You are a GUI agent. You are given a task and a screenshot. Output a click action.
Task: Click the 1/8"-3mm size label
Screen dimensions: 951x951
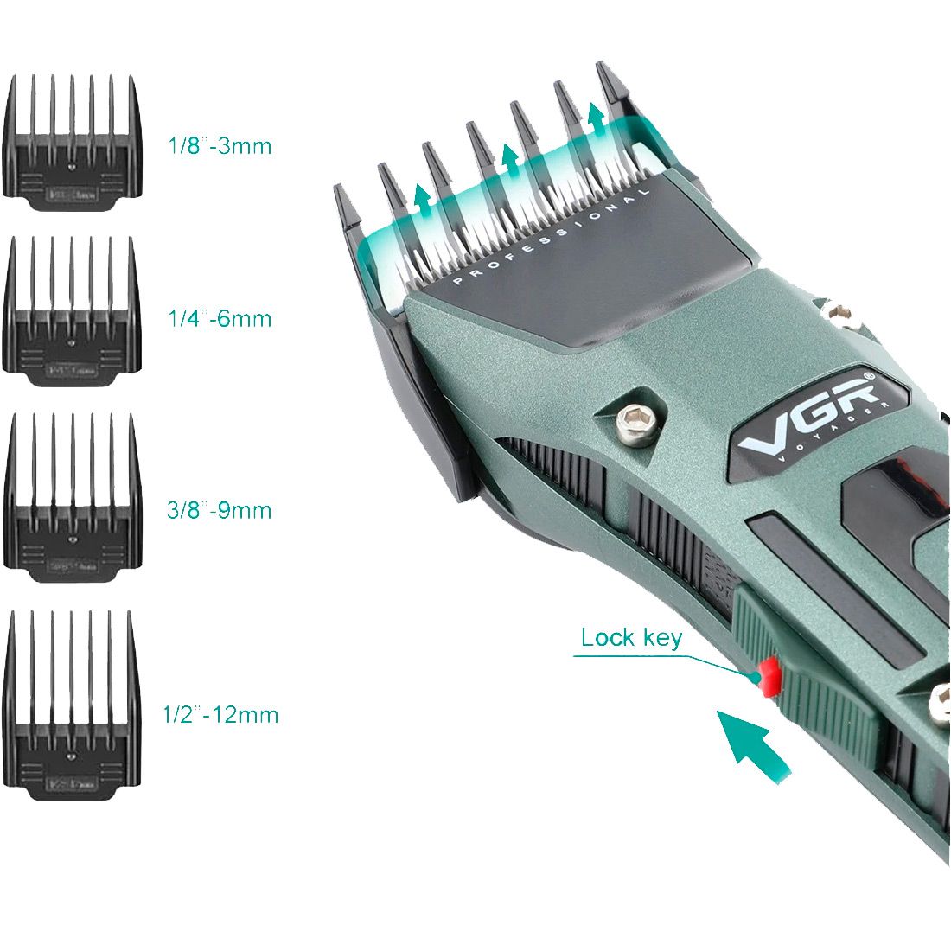point(220,145)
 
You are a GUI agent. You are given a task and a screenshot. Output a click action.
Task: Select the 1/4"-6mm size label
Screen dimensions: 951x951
point(220,319)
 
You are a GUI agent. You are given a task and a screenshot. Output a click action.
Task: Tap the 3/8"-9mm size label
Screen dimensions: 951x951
point(220,510)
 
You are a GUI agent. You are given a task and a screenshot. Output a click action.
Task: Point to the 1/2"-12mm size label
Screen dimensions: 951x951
point(221,715)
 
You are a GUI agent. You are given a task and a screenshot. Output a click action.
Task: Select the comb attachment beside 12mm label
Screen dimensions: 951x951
point(73,705)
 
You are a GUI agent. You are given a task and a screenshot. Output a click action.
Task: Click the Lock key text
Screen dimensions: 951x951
point(631,638)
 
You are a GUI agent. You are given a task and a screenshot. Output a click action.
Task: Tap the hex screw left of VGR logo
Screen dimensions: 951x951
point(635,418)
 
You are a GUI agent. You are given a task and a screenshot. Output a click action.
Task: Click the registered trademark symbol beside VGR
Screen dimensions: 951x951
point(870,378)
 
